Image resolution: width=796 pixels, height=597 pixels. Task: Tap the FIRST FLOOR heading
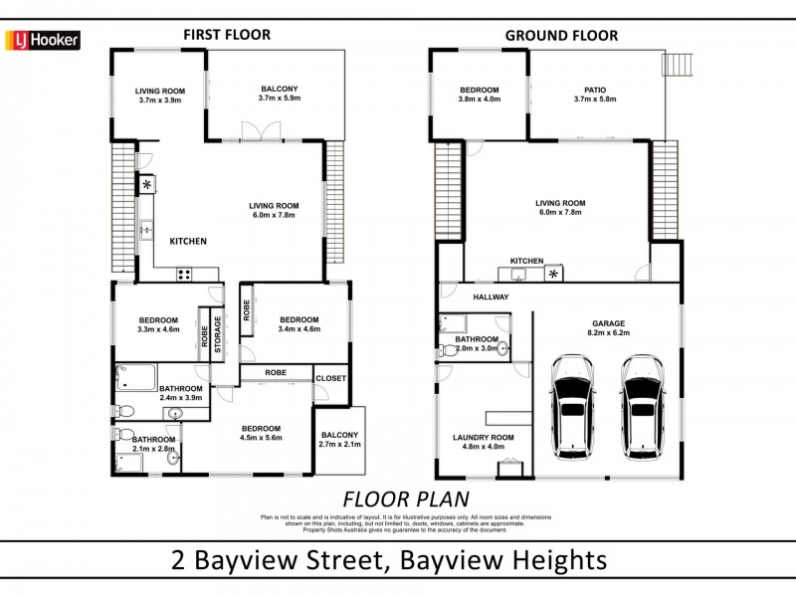pyautogui.click(x=226, y=34)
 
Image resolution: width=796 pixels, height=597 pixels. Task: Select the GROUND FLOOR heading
pyautogui.click(x=560, y=36)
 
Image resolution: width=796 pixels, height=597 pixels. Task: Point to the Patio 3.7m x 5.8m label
pyautogui.click(x=595, y=95)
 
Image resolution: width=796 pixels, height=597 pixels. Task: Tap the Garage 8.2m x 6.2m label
pyautogui.click(x=607, y=328)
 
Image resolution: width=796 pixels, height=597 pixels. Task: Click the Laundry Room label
pyautogui.click(x=483, y=441)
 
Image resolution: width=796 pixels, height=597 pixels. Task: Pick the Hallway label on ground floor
pyautogui.click(x=490, y=297)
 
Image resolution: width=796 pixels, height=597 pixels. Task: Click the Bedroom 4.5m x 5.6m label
pyautogui.click(x=261, y=432)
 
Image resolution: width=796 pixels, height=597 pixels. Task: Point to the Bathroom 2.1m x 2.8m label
pyautogui.click(x=154, y=444)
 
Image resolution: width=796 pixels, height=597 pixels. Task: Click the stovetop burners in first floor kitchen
pyautogui.click(x=184, y=274)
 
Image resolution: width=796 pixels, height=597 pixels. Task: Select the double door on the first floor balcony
pyautogui.click(x=254, y=131)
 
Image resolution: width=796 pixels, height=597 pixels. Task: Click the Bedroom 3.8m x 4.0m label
pyautogui.click(x=479, y=95)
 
